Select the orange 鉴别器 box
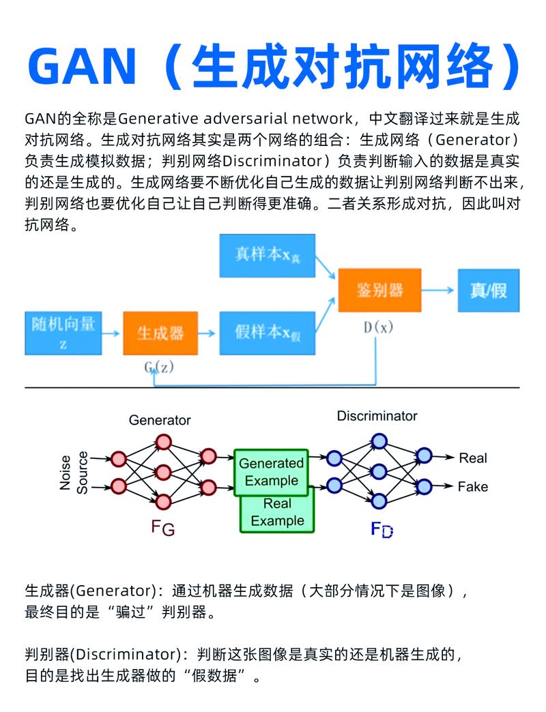pos(379,290)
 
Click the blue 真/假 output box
pos(488,290)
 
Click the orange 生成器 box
pos(160,333)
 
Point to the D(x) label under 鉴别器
pos(379,327)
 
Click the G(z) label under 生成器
pos(159,368)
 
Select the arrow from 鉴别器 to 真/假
pos(438,290)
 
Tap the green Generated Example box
pos(271,471)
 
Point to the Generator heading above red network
pos(160,420)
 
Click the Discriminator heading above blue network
pos(377,415)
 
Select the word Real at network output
pos(473,458)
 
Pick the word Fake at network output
pos(473,487)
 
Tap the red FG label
pos(163,529)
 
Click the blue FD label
pos(382,529)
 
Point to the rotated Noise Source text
pos(74,471)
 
